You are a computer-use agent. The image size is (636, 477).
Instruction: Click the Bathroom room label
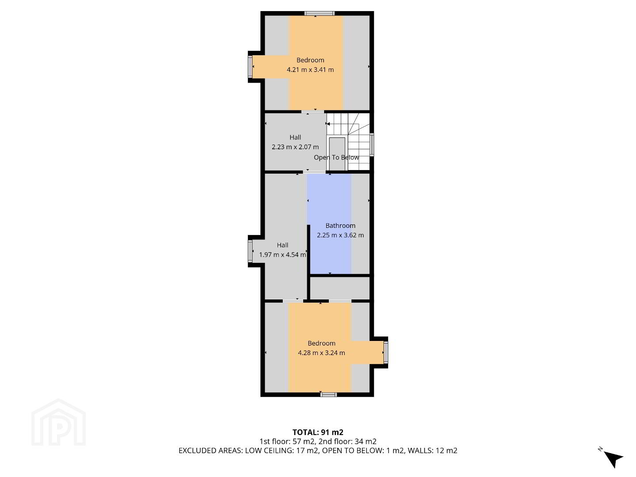pyautogui.click(x=340, y=226)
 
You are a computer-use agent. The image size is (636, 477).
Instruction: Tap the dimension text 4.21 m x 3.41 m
pyautogui.click(x=310, y=70)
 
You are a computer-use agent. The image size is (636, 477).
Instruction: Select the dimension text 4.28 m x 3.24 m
pyautogui.click(x=321, y=353)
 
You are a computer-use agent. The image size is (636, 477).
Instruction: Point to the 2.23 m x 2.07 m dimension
pyautogui.click(x=295, y=147)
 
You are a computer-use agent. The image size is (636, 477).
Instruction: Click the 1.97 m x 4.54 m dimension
pyautogui.click(x=282, y=255)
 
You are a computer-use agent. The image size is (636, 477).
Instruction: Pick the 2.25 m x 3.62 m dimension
pyautogui.click(x=340, y=235)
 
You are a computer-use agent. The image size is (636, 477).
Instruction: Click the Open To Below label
pyautogui.click(x=336, y=158)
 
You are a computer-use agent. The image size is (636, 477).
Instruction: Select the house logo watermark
pyautogui.click(x=58, y=422)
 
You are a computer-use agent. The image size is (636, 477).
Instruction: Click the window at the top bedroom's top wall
pyautogui.click(x=319, y=13)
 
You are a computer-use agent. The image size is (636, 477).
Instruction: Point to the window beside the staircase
pyautogui.click(x=372, y=145)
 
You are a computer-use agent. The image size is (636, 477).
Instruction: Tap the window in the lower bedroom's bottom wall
pyautogui.click(x=328, y=394)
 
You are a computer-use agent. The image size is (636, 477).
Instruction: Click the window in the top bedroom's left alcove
pyautogui.click(x=250, y=67)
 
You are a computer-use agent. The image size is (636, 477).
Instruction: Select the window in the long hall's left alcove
pyautogui.click(x=250, y=251)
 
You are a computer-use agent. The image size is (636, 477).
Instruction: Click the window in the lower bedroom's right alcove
pyautogui.click(x=386, y=352)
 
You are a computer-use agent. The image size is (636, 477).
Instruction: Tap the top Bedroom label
pyautogui.click(x=310, y=60)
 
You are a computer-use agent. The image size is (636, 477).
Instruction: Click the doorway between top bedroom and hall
pyautogui.click(x=312, y=112)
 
